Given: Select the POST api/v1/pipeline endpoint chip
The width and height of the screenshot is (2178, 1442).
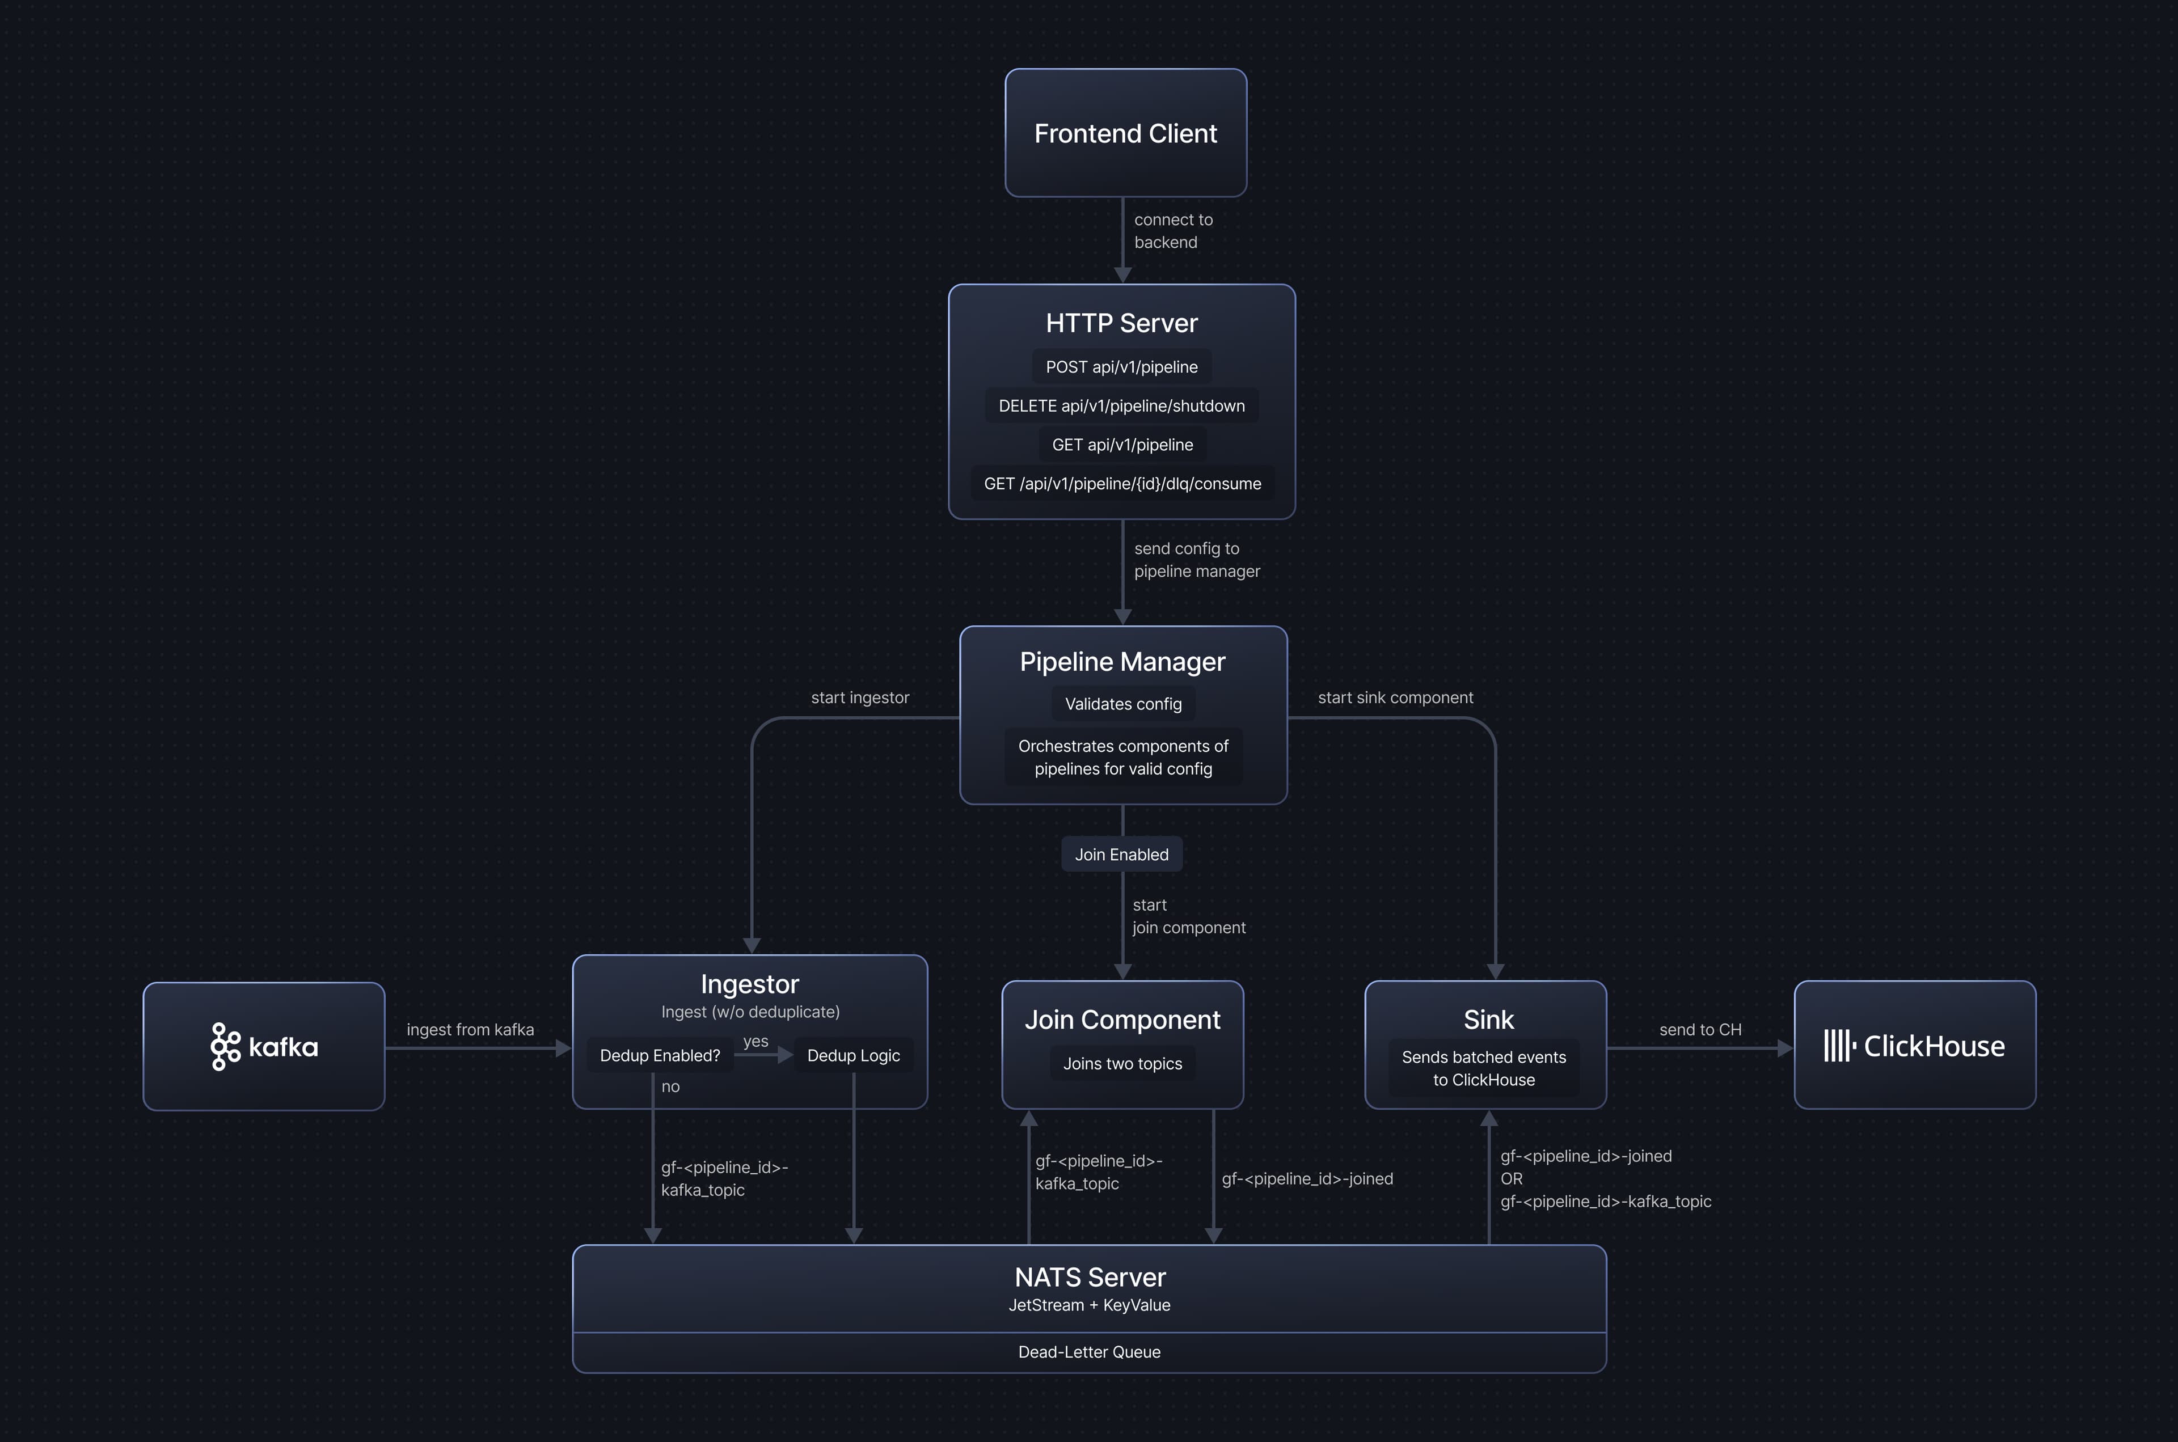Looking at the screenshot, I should [1121, 367].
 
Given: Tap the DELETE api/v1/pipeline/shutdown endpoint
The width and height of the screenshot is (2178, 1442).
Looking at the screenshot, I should [1121, 405].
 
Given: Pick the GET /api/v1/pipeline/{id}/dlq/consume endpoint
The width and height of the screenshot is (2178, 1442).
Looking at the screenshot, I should [1122, 484].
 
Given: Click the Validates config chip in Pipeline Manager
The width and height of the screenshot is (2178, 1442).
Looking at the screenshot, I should [1123, 704].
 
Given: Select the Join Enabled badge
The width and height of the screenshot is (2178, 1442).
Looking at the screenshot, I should [1121, 855].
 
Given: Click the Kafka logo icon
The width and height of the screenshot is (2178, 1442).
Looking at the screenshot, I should [225, 1047].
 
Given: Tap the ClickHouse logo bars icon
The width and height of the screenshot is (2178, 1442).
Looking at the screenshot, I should [1839, 1046].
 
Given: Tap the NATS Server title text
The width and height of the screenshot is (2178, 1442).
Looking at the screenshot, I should [1090, 1278].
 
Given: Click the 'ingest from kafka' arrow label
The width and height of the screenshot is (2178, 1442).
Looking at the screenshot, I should [470, 1030].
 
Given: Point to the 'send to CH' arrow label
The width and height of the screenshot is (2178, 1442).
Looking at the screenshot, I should [1700, 1030].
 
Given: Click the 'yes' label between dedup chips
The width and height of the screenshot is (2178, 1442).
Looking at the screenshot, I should [755, 1041].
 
